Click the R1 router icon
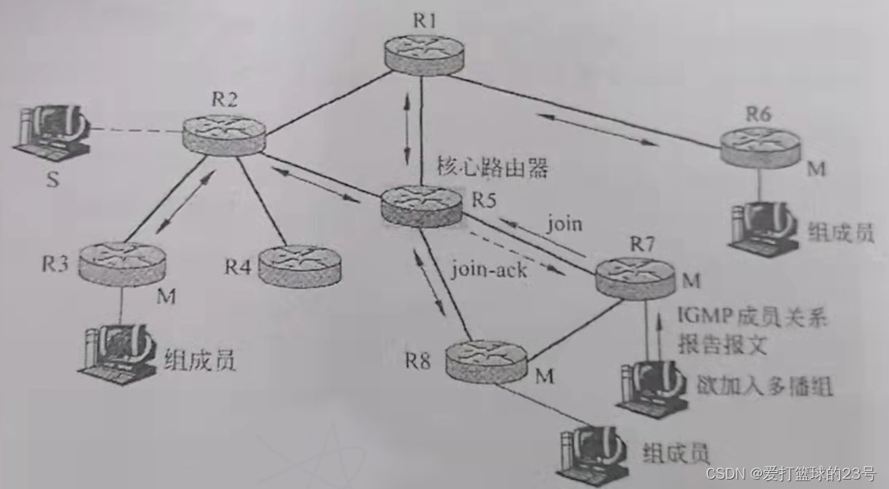point(425,56)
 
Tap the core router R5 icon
point(421,205)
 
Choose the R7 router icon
point(634,273)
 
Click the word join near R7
point(564,224)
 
